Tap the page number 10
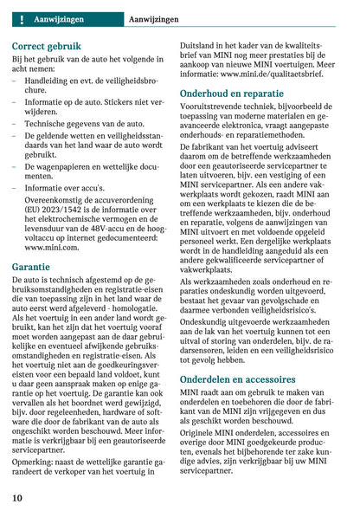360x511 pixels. pyautogui.click(x=17, y=498)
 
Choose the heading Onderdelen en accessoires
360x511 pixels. pyautogui.click(x=237, y=379)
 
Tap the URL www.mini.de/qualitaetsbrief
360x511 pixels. pyautogui.click(x=251, y=74)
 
